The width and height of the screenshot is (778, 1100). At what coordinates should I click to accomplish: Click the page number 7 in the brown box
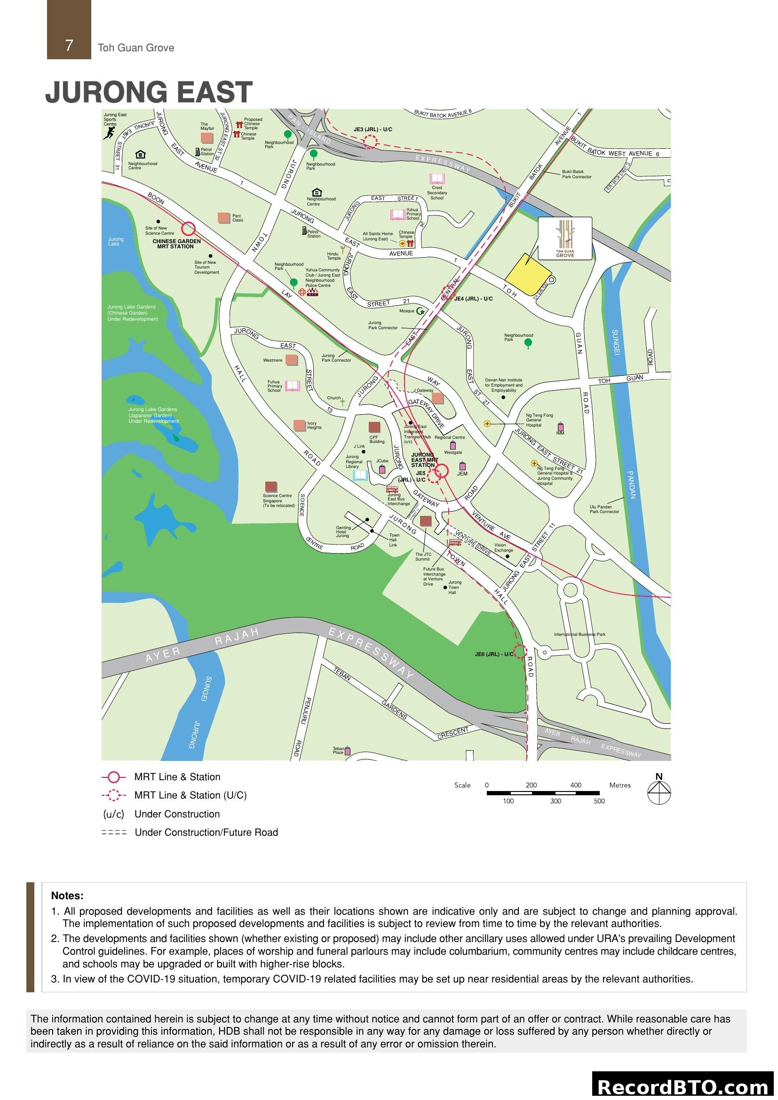(69, 46)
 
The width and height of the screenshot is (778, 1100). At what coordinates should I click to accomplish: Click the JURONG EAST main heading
(149, 92)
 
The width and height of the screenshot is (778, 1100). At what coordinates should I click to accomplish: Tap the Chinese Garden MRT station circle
(188, 229)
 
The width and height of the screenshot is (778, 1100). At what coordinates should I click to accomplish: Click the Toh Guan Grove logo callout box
(565, 238)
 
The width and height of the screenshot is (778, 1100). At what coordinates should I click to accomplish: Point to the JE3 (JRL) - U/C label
(373, 130)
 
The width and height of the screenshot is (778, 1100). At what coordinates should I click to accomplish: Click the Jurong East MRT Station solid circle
(442, 471)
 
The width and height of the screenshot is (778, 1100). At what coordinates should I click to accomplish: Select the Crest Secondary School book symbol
(437, 179)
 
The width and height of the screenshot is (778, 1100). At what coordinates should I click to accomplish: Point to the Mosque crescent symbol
(420, 311)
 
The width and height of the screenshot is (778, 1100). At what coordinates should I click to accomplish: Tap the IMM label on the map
(560, 433)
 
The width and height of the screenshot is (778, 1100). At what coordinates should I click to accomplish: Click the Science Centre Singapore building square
(270, 487)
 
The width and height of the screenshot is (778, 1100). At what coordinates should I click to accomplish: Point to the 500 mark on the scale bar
(599, 801)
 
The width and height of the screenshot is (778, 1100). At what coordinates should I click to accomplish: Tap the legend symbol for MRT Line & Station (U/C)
(113, 795)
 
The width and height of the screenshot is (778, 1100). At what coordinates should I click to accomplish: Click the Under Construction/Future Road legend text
(206, 832)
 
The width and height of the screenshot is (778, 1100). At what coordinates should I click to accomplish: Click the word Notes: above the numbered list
(67, 895)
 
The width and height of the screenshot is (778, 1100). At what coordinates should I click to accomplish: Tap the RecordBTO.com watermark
(683, 1087)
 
